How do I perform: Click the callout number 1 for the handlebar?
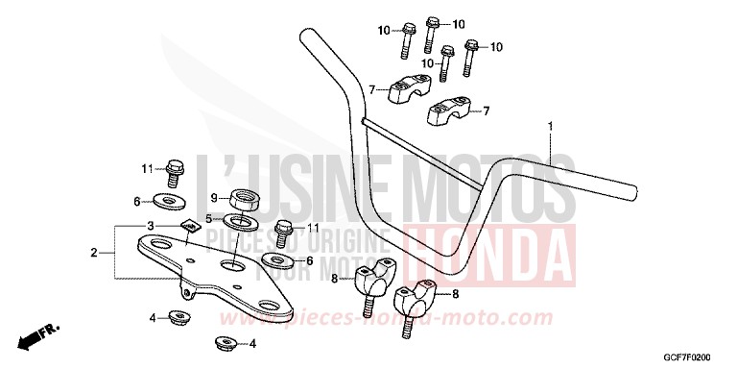[551, 126]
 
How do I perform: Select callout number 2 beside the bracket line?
[94, 254]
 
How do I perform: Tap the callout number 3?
[151, 225]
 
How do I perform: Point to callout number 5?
[208, 220]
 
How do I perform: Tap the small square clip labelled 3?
[191, 227]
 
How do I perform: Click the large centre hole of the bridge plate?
[234, 262]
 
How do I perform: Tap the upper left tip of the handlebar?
[304, 37]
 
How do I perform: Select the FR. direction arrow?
[38, 337]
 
